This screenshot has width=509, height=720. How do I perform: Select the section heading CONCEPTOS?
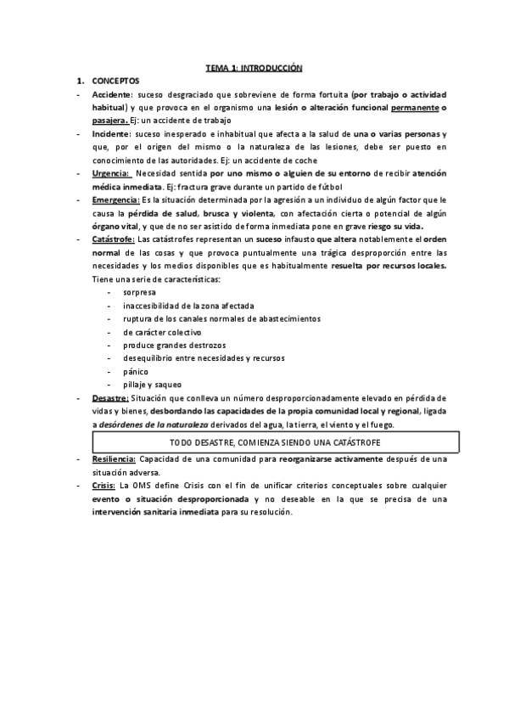(x=115, y=80)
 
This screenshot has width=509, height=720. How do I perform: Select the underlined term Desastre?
(x=110, y=398)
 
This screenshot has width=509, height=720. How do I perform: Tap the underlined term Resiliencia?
(x=114, y=458)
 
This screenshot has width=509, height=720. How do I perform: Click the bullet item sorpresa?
(x=139, y=292)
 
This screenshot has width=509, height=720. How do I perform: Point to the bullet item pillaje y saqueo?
(x=152, y=385)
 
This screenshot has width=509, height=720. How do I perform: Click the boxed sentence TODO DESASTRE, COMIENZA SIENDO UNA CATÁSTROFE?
(x=275, y=442)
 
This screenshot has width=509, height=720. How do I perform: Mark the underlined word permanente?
(x=417, y=107)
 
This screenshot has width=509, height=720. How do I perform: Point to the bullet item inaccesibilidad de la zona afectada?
(x=188, y=306)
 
